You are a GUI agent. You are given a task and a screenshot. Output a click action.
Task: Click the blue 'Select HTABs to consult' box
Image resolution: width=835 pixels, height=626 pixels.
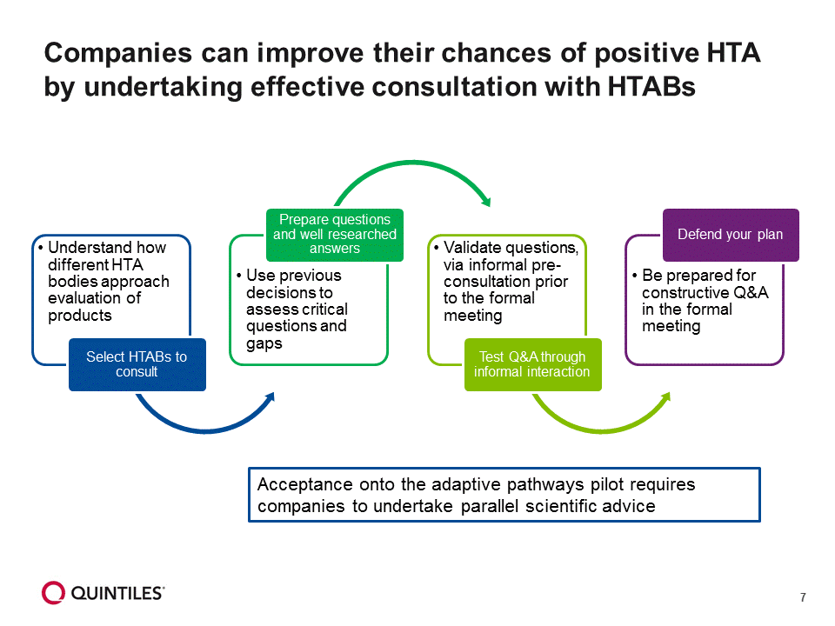(137, 364)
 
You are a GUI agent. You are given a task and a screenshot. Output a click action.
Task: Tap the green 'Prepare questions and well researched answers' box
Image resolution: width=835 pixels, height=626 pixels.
(335, 234)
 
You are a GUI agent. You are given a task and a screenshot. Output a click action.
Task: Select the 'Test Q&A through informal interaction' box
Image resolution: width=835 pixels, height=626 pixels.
(531, 364)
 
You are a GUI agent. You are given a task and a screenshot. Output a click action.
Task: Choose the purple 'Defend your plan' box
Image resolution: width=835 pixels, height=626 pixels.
(731, 235)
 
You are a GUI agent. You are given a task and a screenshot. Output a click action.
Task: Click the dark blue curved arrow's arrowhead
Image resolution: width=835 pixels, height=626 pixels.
(271, 398)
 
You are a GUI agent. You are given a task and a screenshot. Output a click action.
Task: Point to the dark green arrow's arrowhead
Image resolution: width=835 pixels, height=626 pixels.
(484, 201)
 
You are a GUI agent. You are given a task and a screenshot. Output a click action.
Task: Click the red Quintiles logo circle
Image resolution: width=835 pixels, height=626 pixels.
(53, 593)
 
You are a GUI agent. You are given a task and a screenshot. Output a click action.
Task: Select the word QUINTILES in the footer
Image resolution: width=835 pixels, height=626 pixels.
(117, 594)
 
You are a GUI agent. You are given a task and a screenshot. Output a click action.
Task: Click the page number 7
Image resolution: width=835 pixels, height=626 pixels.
(803, 597)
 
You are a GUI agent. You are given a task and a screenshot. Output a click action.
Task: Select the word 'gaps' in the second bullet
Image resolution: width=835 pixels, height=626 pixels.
(264, 343)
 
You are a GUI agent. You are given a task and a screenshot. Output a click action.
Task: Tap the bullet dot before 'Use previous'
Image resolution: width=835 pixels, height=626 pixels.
(238, 276)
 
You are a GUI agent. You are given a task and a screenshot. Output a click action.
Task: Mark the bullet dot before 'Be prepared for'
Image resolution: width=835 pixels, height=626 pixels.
(635, 276)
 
